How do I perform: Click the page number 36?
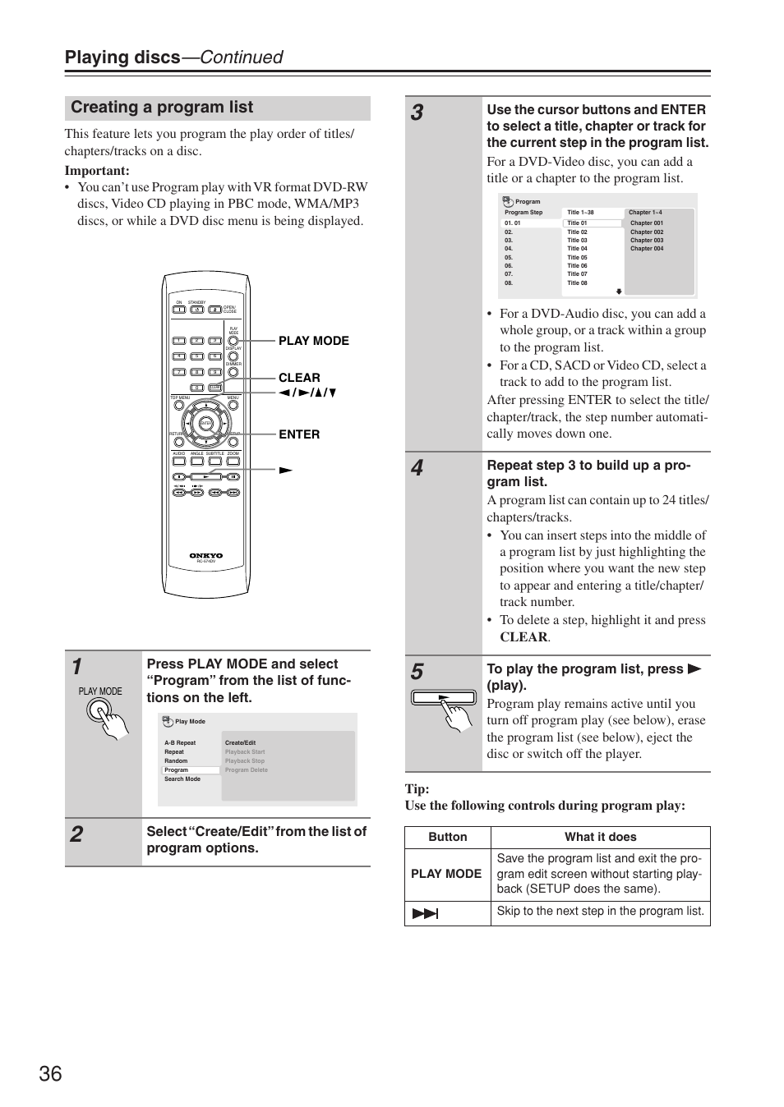click(x=50, y=1073)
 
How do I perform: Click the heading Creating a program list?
click(x=162, y=108)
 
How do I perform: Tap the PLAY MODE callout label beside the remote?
click(x=313, y=341)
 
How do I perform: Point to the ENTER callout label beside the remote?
click(x=299, y=434)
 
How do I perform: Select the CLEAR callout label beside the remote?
click(x=299, y=378)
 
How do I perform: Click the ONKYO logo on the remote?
click(x=206, y=555)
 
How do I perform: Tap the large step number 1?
click(x=76, y=666)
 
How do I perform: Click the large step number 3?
click(x=417, y=113)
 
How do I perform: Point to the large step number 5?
click(x=417, y=672)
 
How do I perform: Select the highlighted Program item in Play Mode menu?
click(x=177, y=770)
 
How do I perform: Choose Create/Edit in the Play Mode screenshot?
click(x=240, y=742)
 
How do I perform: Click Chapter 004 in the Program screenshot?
click(x=647, y=249)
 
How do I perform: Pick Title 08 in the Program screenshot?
click(x=577, y=283)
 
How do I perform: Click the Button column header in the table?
click(x=448, y=837)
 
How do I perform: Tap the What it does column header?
click(x=600, y=837)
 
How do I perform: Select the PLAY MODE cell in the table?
click(x=446, y=874)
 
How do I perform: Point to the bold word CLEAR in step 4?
click(x=523, y=637)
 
